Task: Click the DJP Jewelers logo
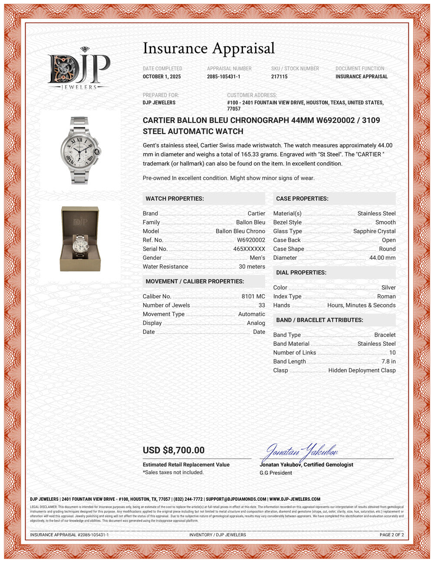point(79,69)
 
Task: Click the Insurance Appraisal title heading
point(209,48)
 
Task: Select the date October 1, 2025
point(162,76)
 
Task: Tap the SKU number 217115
point(279,76)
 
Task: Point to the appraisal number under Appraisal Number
point(224,76)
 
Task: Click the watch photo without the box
point(80,150)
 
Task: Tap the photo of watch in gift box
point(80,239)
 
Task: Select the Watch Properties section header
point(174,198)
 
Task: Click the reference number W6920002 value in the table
point(251,240)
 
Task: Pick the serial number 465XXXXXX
point(249,249)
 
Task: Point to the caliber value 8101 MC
point(253,296)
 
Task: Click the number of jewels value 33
point(262,305)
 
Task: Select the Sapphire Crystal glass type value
point(374,231)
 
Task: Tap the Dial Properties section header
point(301,272)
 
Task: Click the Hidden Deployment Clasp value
point(362,370)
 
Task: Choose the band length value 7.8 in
point(388,361)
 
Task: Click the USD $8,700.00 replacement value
point(174,450)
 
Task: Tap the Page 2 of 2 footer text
point(391,535)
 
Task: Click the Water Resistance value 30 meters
point(252,267)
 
